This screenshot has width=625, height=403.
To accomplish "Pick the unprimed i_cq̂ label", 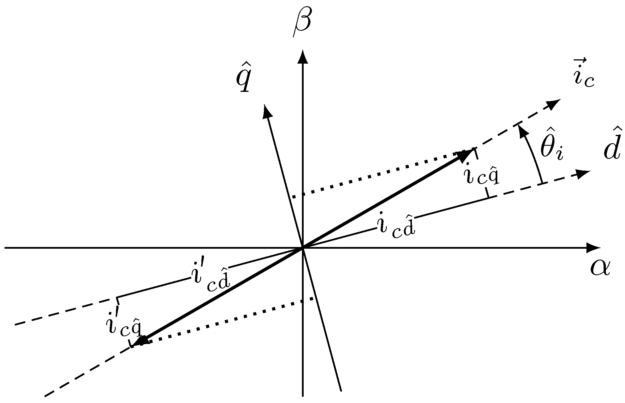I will tap(482, 174).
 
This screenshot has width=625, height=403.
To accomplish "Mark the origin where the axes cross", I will tap(303, 248).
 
